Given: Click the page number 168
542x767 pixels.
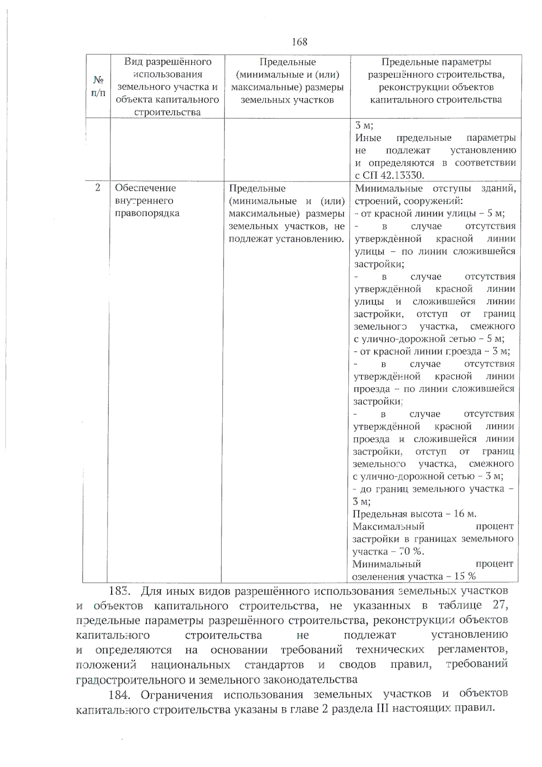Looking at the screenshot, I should [x=299, y=42].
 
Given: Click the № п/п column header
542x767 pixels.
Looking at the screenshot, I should [x=98, y=87].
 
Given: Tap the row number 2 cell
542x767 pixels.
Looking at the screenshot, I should [x=98, y=188].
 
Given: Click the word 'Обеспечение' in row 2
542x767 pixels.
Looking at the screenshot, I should [x=145, y=188].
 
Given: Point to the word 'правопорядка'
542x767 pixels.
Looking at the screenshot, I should [x=147, y=213].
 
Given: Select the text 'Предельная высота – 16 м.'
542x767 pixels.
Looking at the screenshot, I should [x=414, y=514].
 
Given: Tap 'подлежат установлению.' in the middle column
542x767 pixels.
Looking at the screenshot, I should [x=286, y=239].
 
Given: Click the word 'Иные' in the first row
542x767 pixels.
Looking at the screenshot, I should [x=368, y=138].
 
